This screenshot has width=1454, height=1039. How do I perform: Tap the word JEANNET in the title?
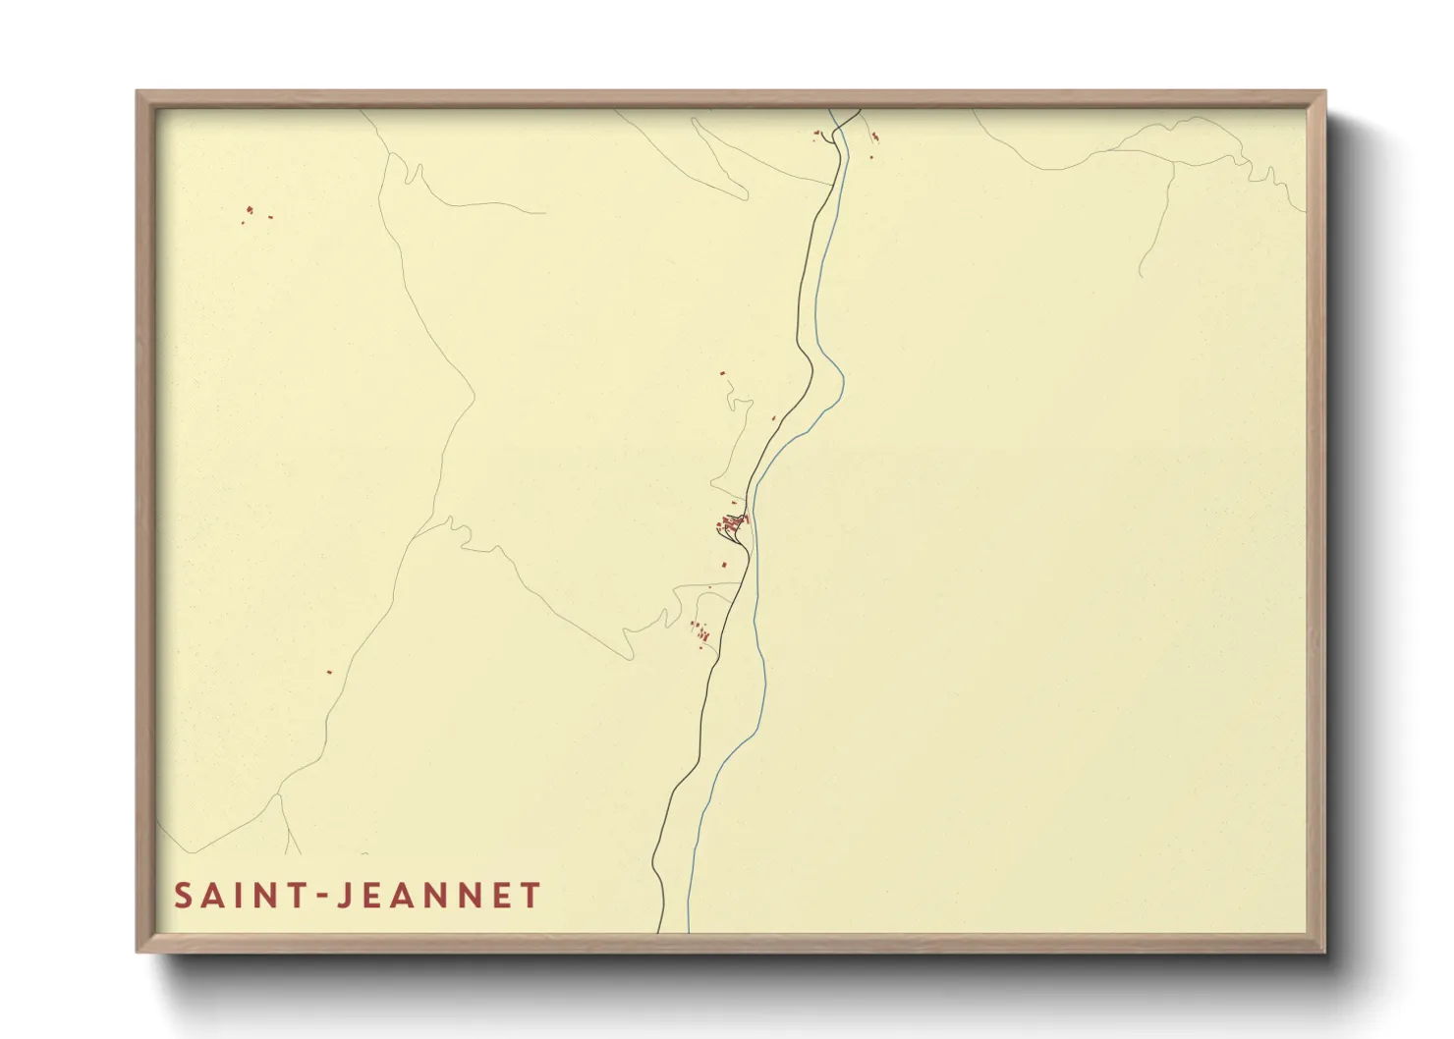[438, 896]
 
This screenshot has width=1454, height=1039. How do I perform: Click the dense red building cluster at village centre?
[733, 522]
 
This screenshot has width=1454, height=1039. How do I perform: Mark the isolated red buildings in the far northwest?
[250, 211]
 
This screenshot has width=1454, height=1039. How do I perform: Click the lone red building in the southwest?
[329, 673]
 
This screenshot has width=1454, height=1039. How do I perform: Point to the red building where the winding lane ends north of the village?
[722, 373]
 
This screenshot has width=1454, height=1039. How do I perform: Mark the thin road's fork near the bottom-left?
[279, 793]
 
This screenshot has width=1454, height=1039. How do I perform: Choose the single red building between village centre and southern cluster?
[725, 565]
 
